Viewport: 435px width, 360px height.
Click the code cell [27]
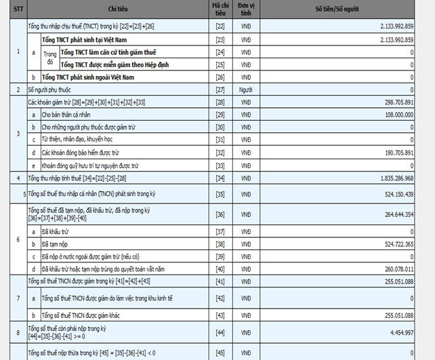(x=220, y=89)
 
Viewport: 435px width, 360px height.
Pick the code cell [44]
(x=220, y=332)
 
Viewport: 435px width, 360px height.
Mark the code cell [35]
(x=220, y=195)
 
